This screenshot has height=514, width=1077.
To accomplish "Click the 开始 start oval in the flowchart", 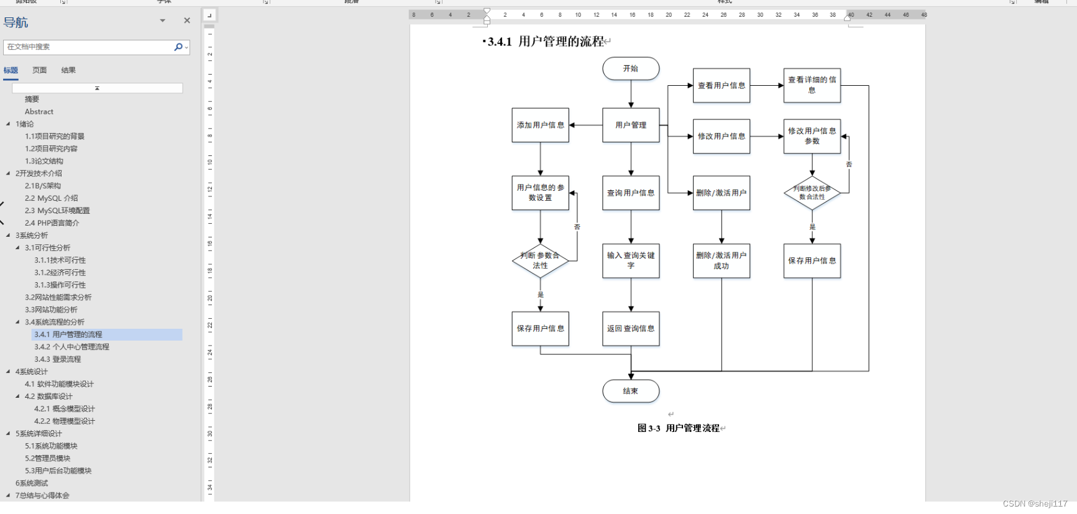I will click(631, 68).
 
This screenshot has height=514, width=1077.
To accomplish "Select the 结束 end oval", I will click(631, 391).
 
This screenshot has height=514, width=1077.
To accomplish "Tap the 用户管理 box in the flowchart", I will click(631, 125).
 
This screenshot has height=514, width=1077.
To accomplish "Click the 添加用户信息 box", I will click(540, 125).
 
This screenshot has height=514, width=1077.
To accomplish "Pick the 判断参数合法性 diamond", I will click(540, 261).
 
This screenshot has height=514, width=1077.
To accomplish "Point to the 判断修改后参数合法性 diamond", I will click(812, 193).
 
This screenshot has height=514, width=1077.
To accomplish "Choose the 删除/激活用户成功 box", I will click(722, 260).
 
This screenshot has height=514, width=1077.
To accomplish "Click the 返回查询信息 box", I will click(631, 329).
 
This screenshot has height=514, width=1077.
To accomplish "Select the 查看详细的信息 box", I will click(812, 85).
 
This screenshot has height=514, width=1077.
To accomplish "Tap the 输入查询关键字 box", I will click(631, 260).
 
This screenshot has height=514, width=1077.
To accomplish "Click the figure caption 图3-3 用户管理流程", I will click(679, 428).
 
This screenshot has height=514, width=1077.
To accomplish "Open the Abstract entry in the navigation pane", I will click(39, 112).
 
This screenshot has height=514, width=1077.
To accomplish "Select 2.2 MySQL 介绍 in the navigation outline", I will click(52, 198).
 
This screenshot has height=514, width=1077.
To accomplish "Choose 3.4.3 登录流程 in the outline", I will click(58, 359).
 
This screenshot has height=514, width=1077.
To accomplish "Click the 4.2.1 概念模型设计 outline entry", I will click(65, 409).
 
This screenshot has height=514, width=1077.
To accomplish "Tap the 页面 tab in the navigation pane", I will click(40, 70).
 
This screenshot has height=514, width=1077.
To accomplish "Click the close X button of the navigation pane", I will click(187, 21).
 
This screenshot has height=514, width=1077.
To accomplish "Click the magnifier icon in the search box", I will click(178, 47).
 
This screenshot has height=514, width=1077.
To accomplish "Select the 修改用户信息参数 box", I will click(812, 136).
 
